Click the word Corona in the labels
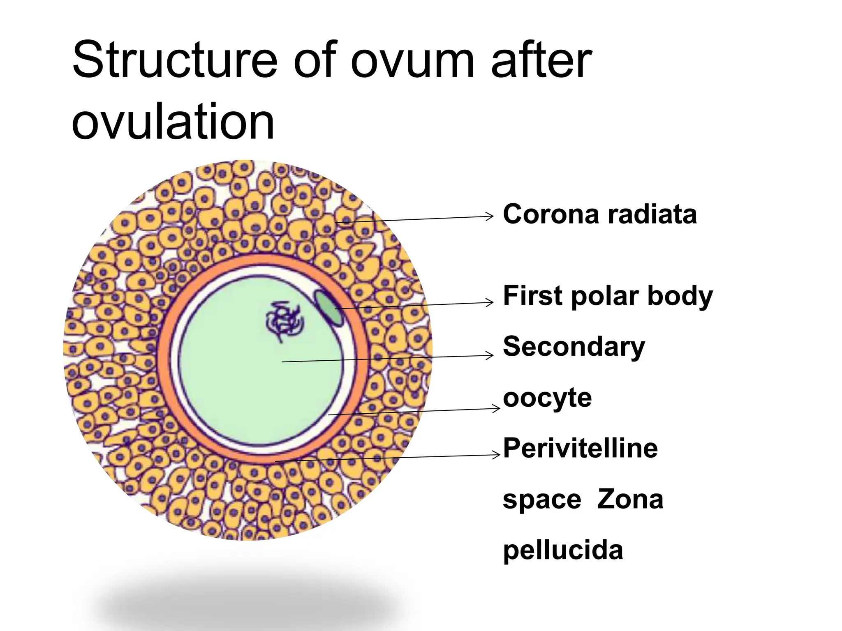tap(551, 214)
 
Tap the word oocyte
tap(547, 398)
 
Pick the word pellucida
tap(563, 551)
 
